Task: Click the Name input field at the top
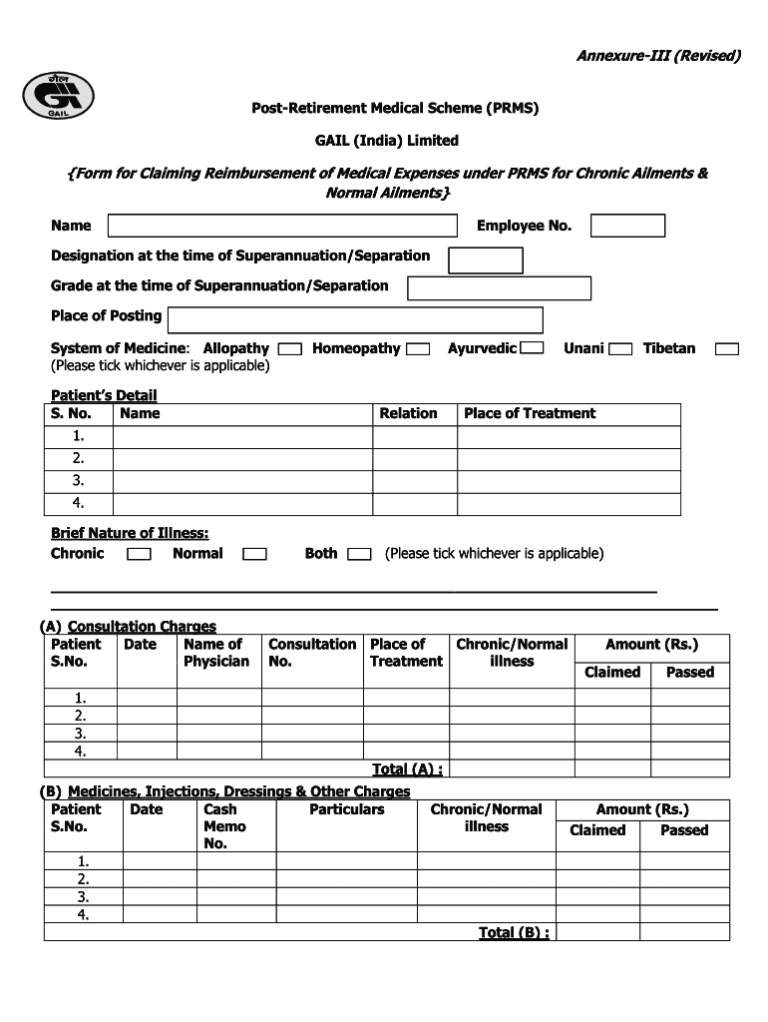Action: tap(281, 226)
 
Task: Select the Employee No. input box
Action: tap(627, 226)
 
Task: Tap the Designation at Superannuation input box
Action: tap(486, 260)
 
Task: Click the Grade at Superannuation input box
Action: tap(500, 288)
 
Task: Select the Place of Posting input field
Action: tap(355, 319)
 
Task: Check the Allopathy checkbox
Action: tap(290, 349)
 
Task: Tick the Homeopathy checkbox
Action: tap(419, 349)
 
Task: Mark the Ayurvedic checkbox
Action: tap(533, 348)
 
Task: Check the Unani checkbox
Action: tap(620, 349)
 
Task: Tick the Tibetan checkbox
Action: tap(728, 349)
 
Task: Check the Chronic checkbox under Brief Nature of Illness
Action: tap(140, 554)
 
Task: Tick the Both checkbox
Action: tap(359, 554)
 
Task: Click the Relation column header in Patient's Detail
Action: tap(408, 413)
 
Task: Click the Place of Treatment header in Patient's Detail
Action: tap(530, 413)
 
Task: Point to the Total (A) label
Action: tap(407, 768)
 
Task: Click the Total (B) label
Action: tap(514, 932)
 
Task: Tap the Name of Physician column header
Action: tap(216, 653)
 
